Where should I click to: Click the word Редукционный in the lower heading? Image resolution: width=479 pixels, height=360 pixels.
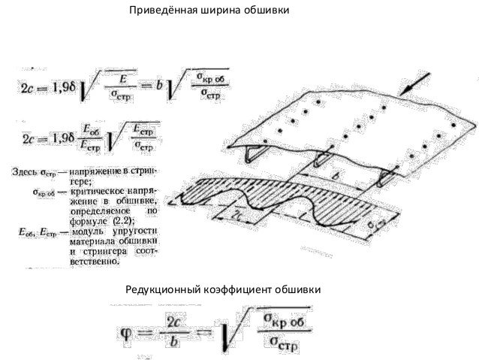(166, 289)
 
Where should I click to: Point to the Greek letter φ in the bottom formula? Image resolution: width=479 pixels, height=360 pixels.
(125, 330)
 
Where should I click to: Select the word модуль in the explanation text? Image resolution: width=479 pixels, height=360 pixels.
(89, 232)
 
